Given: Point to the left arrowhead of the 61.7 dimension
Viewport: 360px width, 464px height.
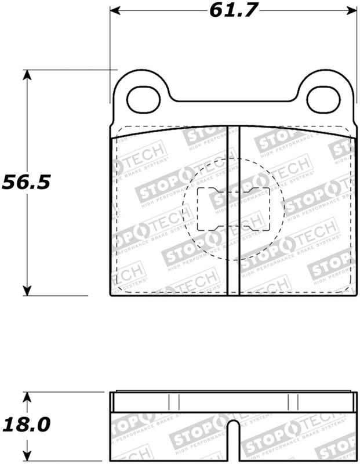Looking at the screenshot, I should click(115, 10).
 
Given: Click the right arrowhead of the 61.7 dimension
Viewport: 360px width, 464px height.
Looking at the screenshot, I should click(351, 10).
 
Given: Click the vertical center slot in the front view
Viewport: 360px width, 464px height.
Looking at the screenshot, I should click(232, 210).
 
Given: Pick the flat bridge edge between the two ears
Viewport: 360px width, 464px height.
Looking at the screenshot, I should click(232, 103).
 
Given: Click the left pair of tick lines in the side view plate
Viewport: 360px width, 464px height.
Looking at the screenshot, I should click(173, 402).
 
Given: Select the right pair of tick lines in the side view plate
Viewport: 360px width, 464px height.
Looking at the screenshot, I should click(292, 402).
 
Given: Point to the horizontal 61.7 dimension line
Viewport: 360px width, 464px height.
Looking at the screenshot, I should click(168, 10).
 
